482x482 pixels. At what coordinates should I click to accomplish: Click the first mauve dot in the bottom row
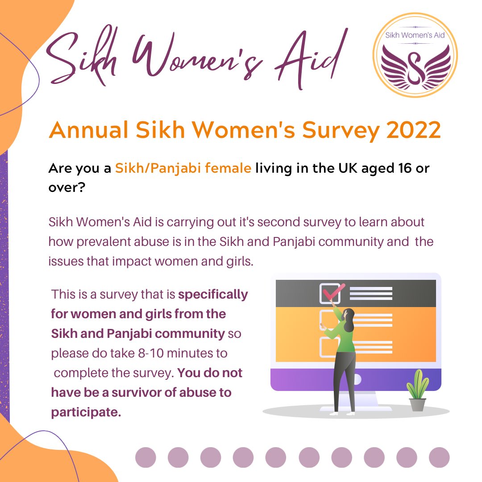145,457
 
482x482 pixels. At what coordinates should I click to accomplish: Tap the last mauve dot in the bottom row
439,457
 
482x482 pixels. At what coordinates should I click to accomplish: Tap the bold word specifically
213,295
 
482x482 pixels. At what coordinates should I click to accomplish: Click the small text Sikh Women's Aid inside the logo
415,35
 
